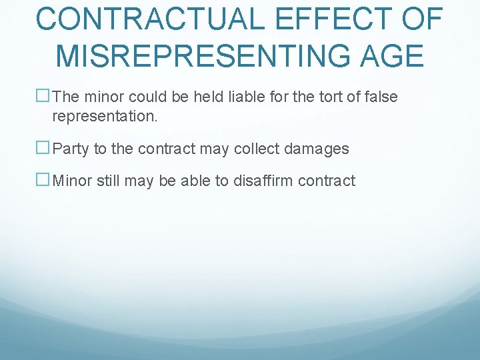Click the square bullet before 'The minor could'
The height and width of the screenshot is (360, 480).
click(x=43, y=97)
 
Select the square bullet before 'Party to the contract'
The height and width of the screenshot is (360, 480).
click(x=43, y=149)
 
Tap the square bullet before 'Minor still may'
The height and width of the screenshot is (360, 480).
click(x=43, y=180)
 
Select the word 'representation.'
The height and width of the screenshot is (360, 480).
click(x=105, y=117)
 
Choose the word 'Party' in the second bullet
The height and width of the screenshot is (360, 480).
click(x=71, y=149)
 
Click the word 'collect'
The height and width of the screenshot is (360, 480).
click(x=260, y=149)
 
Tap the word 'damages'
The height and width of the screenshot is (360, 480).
click(x=318, y=149)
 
